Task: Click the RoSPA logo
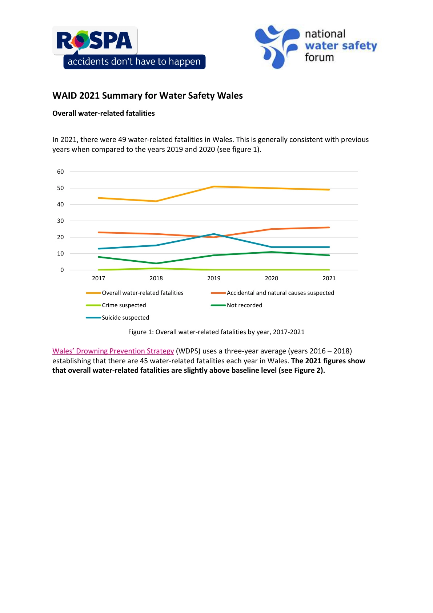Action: coord(95,40)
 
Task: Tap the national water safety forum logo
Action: coord(316,46)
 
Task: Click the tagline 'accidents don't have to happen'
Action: coord(134,62)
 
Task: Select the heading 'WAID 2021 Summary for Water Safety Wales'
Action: coord(147,95)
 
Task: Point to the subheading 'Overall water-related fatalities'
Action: coord(103,113)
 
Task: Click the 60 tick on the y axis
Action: coord(60,171)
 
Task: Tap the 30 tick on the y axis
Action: coord(60,221)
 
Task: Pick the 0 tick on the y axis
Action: coord(62,270)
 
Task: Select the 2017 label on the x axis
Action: coord(99,278)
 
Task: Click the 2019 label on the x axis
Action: coord(214,278)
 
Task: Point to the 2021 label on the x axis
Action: coord(329,278)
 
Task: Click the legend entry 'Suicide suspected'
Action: coord(125,317)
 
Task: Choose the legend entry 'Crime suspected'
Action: coord(124,305)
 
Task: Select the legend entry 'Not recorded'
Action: coord(244,305)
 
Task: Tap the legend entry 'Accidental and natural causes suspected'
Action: coord(280,293)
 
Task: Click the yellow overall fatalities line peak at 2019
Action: coord(214,186)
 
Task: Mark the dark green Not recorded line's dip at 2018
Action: coord(156,263)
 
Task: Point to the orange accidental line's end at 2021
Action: coord(329,228)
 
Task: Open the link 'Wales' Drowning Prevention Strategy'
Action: coord(113,351)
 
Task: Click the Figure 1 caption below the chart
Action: coord(216,332)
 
